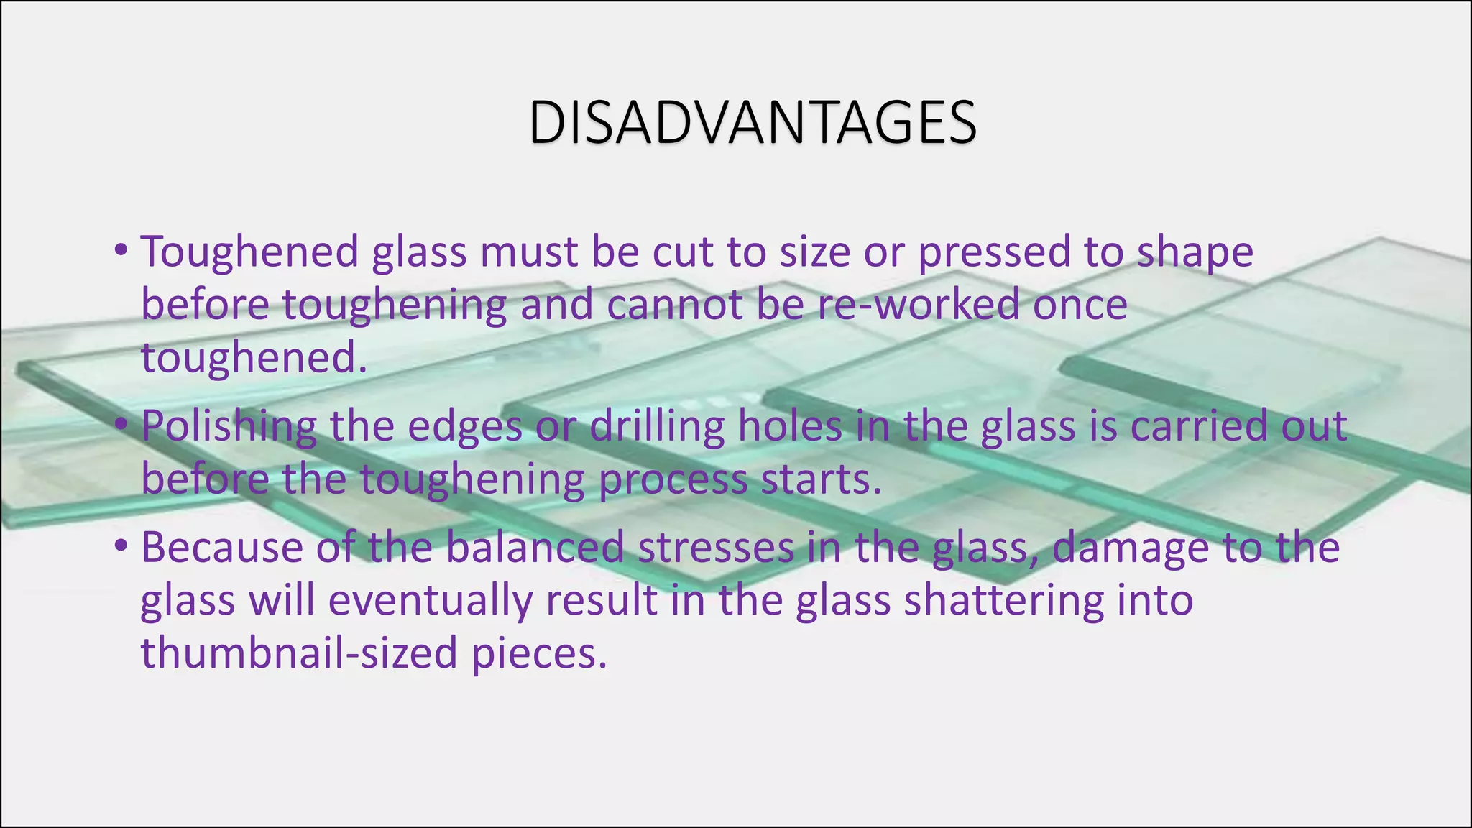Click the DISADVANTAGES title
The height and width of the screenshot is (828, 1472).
pyautogui.click(x=752, y=123)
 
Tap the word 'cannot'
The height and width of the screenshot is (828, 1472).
pyautogui.click(x=674, y=304)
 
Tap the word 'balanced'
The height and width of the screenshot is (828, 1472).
pyautogui.click(x=535, y=547)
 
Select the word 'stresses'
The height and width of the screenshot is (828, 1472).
pyautogui.click(x=716, y=547)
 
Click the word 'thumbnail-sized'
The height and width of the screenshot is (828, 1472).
pyautogui.click(x=299, y=653)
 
